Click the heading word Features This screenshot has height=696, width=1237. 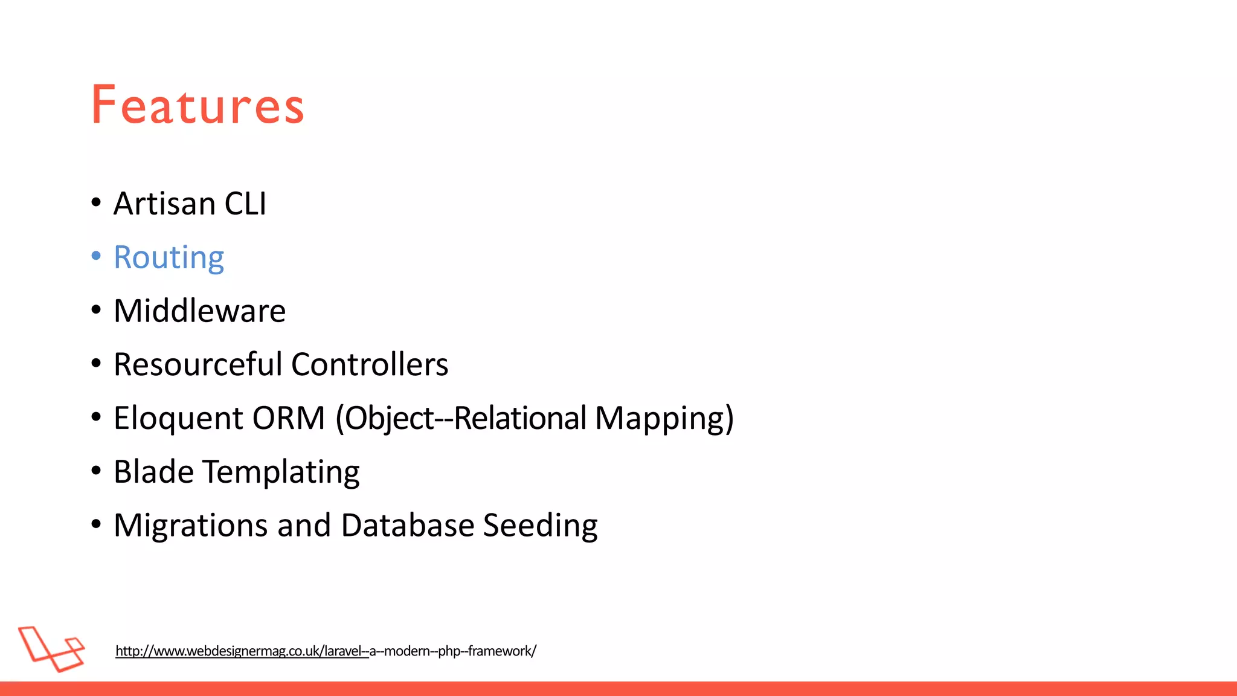pyautogui.click(x=198, y=106)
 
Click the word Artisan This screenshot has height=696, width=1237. pyautogui.click(x=164, y=204)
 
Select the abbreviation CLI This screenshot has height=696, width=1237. pyautogui.click(x=245, y=204)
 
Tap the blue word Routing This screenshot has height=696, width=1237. pyautogui.click(x=169, y=258)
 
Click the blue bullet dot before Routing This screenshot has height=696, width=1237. pyautogui.click(x=96, y=256)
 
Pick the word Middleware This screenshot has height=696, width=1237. pyautogui.click(x=199, y=311)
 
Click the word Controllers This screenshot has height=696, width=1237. pyautogui.click(x=370, y=364)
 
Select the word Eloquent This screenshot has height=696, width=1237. pyautogui.click(x=178, y=419)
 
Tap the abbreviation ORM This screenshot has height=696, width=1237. pyautogui.click(x=289, y=418)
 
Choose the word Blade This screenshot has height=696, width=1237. pyautogui.click(x=153, y=471)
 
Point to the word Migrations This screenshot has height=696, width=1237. pyautogui.click(x=190, y=526)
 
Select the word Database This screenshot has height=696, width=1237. pyautogui.click(x=407, y=525)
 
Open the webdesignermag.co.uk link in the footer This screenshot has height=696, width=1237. pyautogui.click(x=326, y=651)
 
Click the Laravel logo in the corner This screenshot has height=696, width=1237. pyautogui.click(x=51, y=648)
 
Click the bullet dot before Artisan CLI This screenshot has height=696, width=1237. pyautogui.click(x=96, y=202)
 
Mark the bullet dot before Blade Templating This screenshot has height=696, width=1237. pyautogui.click(x=96, y=471)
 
